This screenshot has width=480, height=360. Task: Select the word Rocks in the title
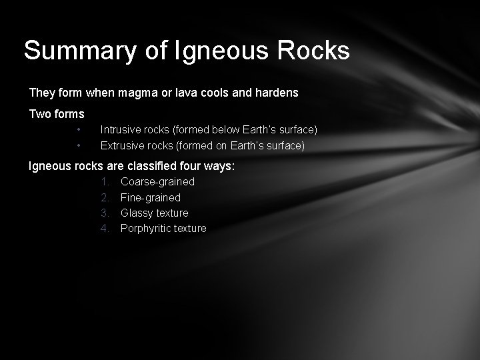315,51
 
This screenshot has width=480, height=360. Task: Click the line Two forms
57,114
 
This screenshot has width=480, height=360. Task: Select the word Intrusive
122,129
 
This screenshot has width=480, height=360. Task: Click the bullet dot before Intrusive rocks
79,129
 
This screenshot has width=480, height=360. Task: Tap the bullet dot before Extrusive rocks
79,145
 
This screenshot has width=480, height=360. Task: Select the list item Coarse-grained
157,181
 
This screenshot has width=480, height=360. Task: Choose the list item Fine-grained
150,197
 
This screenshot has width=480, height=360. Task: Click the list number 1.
105,181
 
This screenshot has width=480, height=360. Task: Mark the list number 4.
105,229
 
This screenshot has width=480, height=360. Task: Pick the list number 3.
105,213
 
